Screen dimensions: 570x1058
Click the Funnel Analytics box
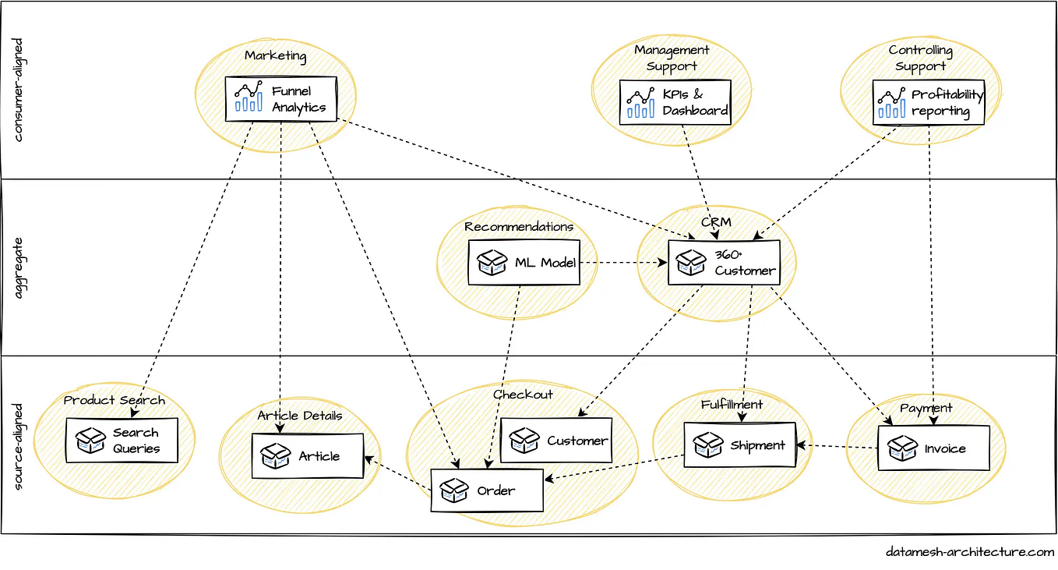[x=281, y=99]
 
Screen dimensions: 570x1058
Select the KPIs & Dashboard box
[x=675, y=102]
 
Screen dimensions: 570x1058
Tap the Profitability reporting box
[x=928, y=102]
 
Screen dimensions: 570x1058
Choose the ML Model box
[x=524, y=263]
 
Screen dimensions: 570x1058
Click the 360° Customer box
[x=724, y=263]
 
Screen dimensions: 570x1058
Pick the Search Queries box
[x=122, y=441]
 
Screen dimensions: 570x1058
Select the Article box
[x=307, y=456]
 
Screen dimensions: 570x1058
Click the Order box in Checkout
[x=487, y=490]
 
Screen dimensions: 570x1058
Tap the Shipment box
[x=739, y=445]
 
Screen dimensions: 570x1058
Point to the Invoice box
[x=933, y=448]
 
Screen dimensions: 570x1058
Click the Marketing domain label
[x=275, y=56]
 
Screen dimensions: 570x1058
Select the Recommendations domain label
[x=519, y=227]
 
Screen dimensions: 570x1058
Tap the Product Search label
[x=114, y=400]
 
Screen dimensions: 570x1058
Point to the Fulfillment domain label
[x=732, y=405]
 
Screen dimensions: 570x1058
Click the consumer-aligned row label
[x=19, y=90]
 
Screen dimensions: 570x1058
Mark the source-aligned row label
[x=19, y=446]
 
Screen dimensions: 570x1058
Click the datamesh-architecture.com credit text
[x=969, y=552]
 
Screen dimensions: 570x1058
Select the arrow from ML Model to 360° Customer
[x=623, y=263]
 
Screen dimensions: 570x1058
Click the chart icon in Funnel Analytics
[x=249, y=97]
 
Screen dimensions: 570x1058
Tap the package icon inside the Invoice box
[x=902, y=448]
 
